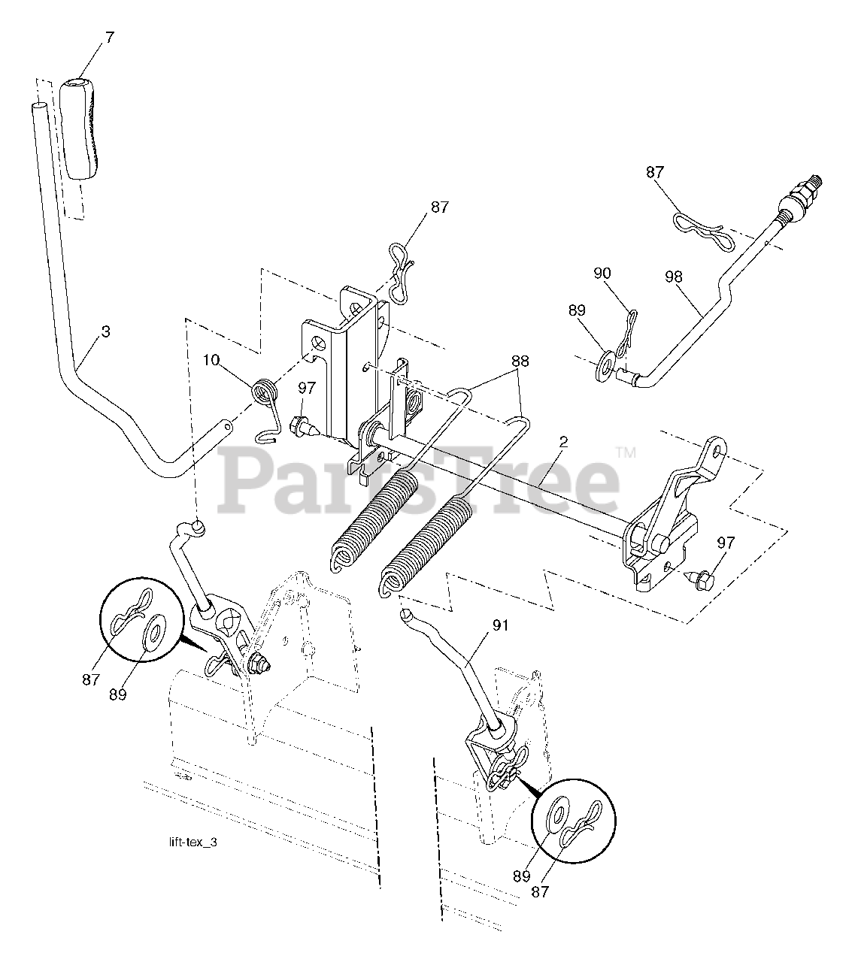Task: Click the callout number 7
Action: click(x=110, y=37)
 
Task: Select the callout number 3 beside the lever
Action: click(x=105, y=331)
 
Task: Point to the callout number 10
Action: click(x=211, y=360)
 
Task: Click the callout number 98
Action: click(x=673, y=277)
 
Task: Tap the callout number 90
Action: click(x=602, y=274)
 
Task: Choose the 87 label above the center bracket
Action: click(x=439, y=207)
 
